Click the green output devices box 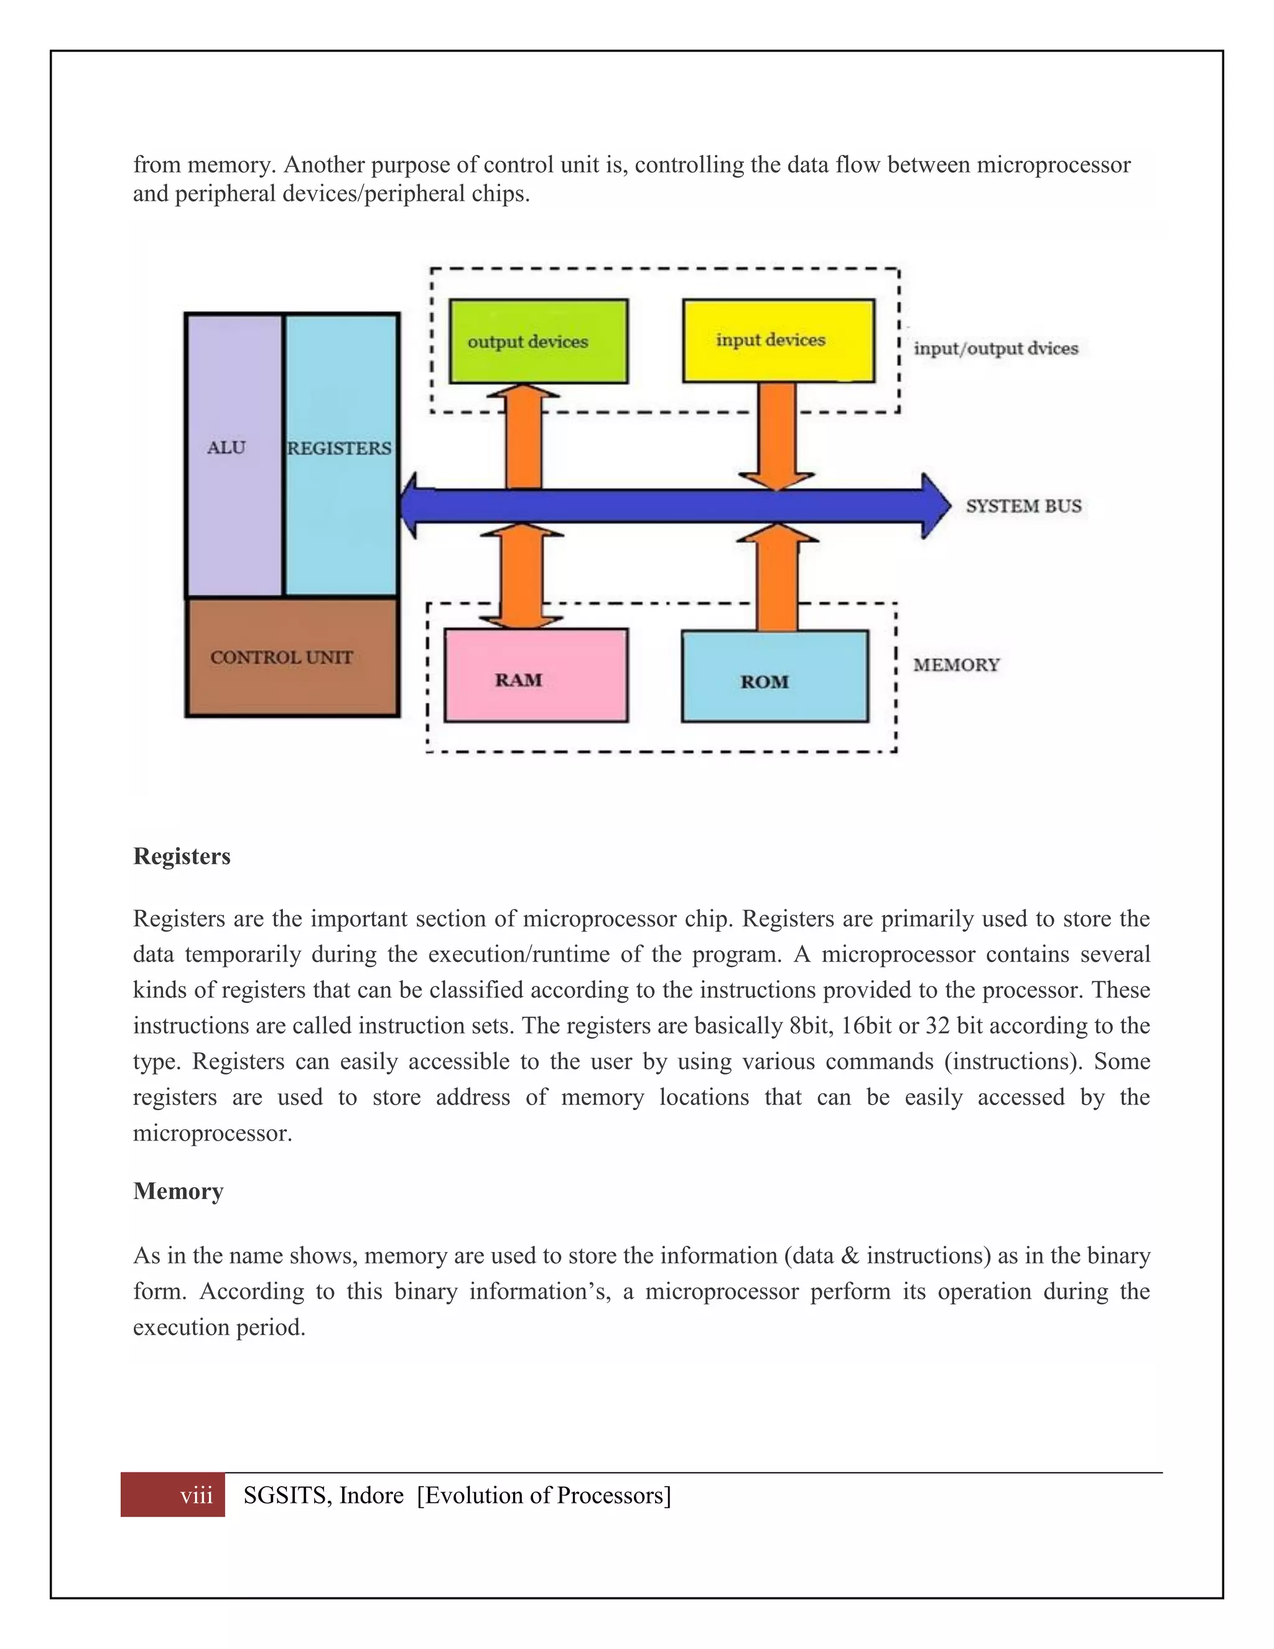point(538,341)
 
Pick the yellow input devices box point(778,340)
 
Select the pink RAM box point(535,676)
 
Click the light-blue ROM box point(774,676)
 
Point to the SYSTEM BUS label point(1023,506)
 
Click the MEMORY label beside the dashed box point(956,665)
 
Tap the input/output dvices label point(995,348)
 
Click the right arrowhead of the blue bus point(936,506)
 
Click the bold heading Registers point(182,856)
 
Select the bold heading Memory point(178,1190)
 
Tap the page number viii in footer point(196,1495)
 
